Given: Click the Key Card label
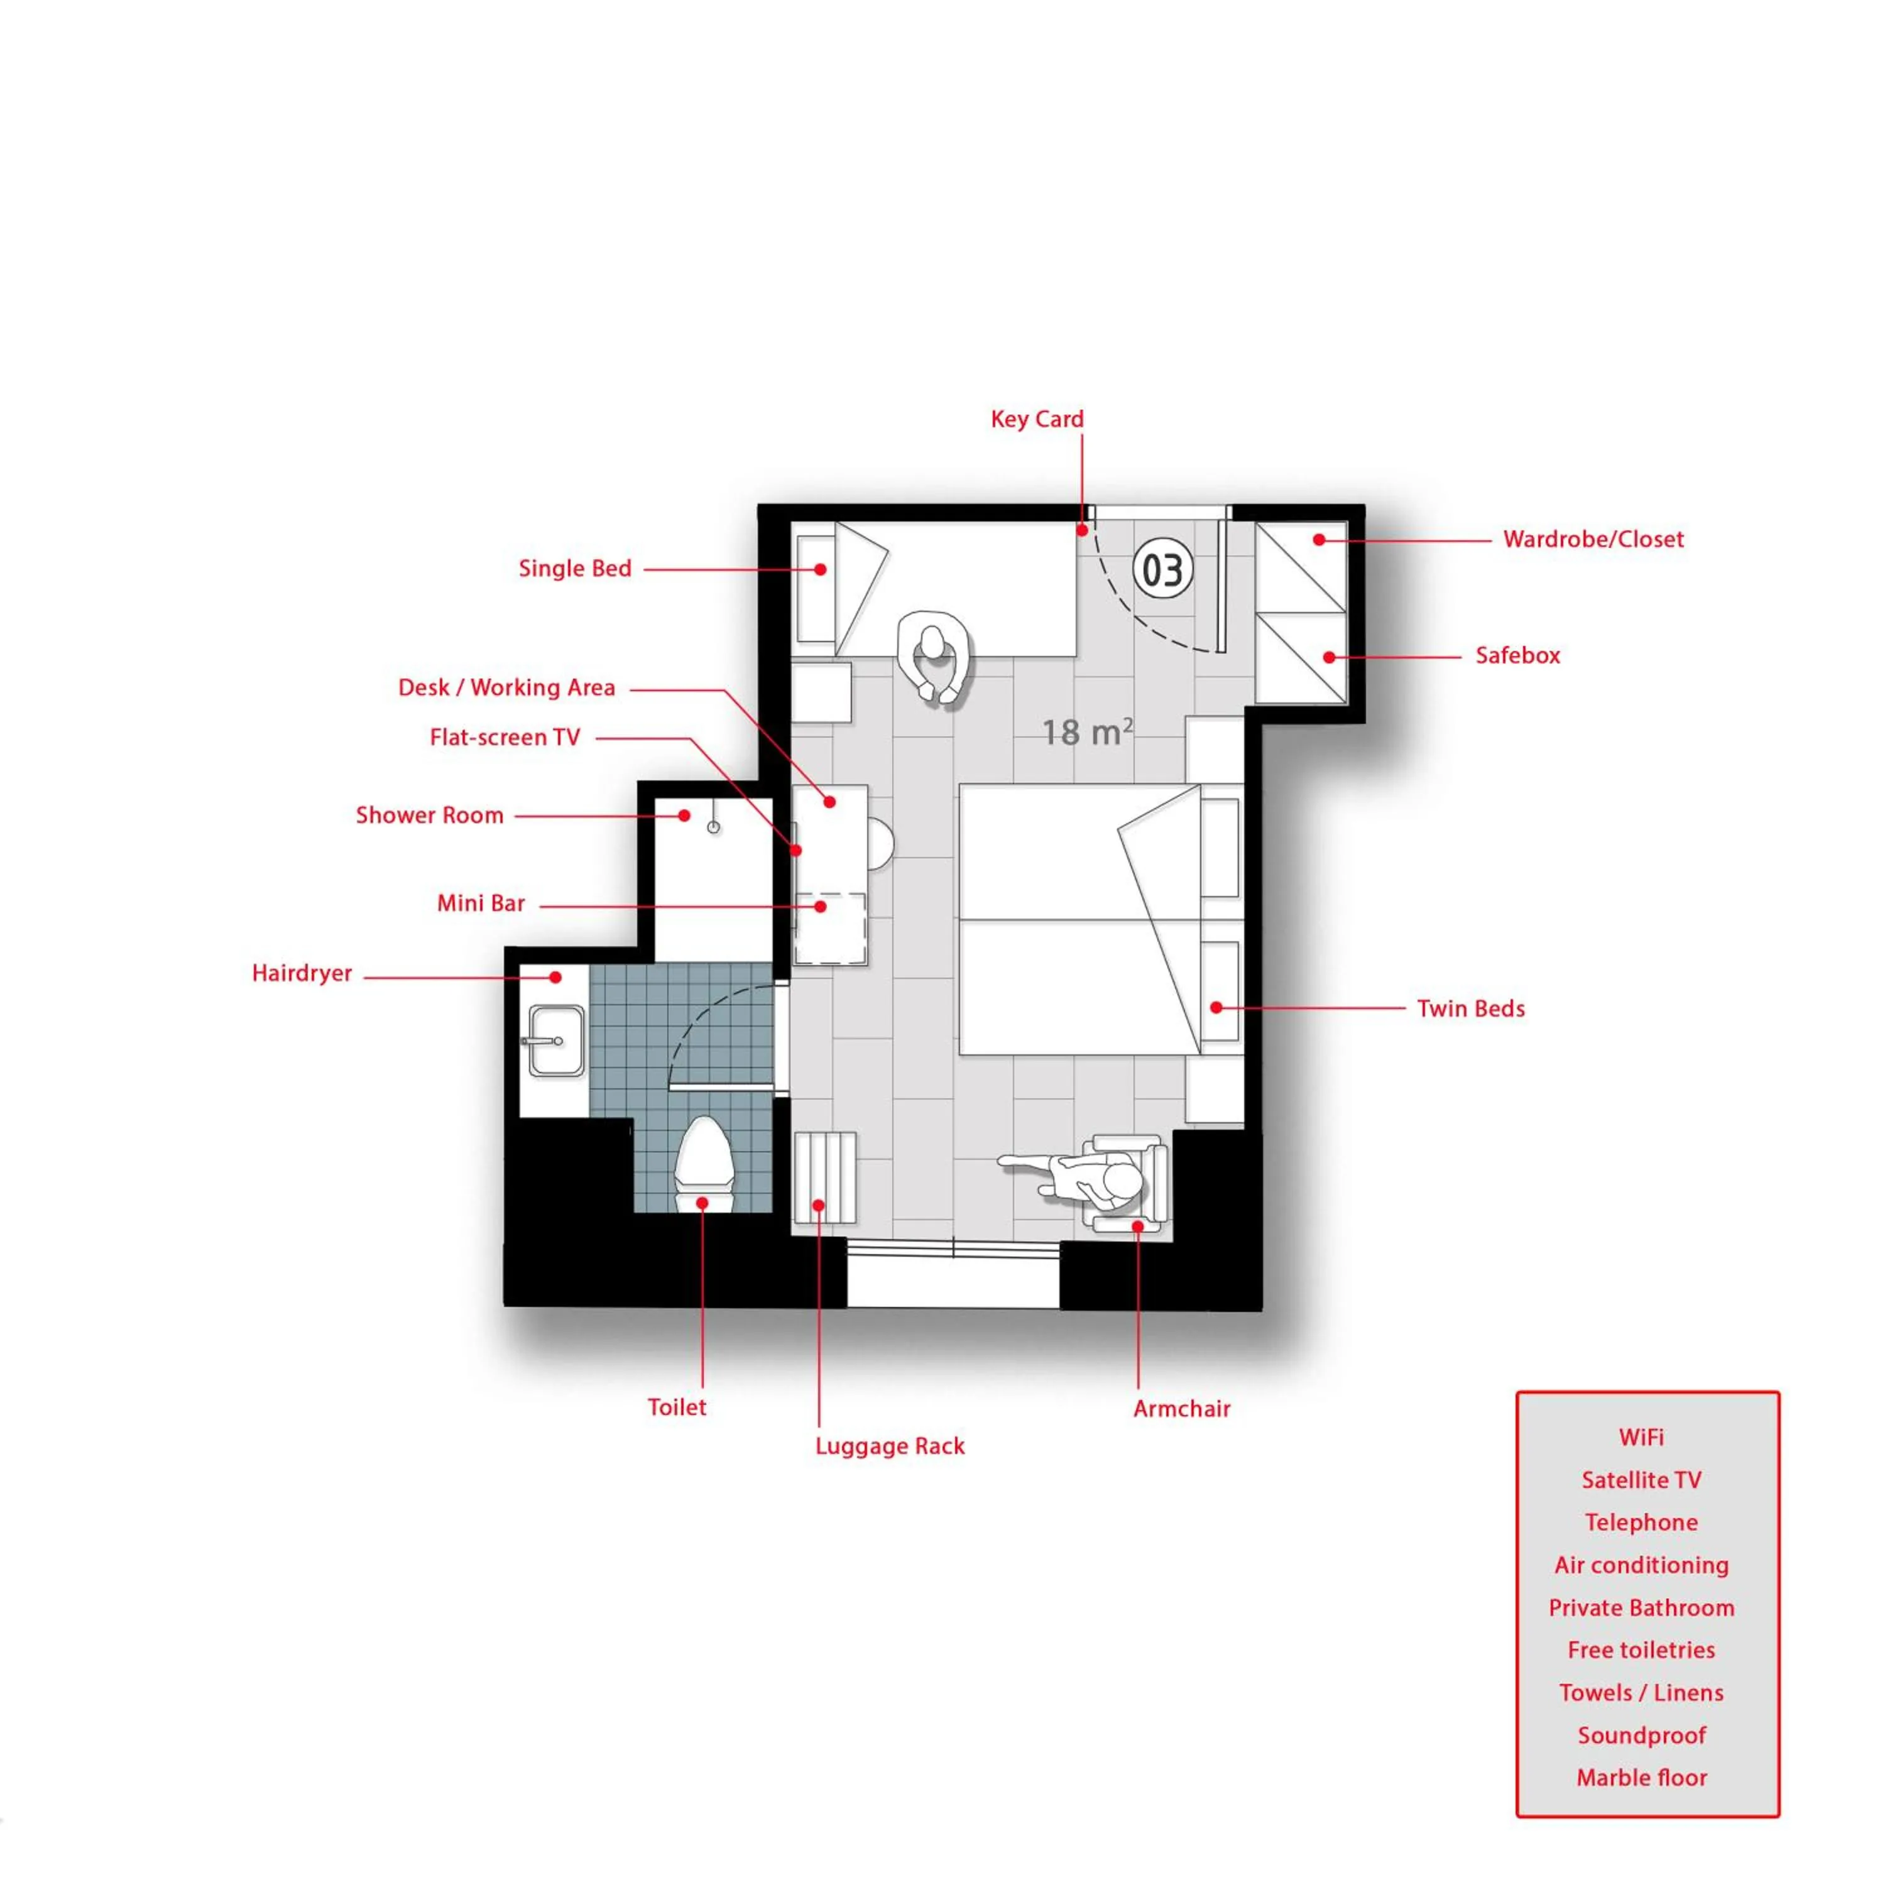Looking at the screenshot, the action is click(x=1037, y=420).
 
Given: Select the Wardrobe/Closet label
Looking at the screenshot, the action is click(x=1593, y=540).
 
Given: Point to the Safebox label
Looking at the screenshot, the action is click(x=1517, y=655).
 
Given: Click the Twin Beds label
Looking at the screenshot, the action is click(x=1470, y=1009).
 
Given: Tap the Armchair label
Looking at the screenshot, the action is click(x=1181, y=1409).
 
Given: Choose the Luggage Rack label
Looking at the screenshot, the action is click(x=890, y=1446).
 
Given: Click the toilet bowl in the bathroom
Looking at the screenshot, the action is click(x=704, y=1163).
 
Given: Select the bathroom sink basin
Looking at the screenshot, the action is click(x=556, y=1041).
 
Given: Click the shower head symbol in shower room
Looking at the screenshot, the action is click(x=713, y=826).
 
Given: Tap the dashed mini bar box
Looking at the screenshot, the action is click(x=829, y=929).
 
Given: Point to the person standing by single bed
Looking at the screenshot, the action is click(x=935, y=655).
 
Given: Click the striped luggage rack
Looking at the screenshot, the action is click(x=826, y=1177).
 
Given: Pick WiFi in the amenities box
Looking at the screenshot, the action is click(x=1641, y=1437).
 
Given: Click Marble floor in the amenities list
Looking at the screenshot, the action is click(x=1642, y=1778).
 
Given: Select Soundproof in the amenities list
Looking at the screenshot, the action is click(x=1642, y=1735).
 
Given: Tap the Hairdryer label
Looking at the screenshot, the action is click(x=302, y=974).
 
